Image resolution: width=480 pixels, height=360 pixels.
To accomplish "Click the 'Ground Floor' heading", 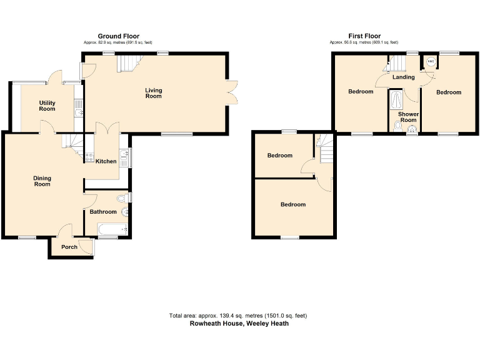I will point(118,36).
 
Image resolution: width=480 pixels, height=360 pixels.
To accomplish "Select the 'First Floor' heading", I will point(364,36).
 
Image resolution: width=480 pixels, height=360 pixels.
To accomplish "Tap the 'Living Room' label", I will point(153,93).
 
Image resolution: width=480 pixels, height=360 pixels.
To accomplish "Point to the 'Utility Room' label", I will point(47,106).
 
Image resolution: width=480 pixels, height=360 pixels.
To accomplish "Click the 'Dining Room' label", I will point(42,181).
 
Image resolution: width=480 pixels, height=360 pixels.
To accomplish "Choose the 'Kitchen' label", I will point(106,161).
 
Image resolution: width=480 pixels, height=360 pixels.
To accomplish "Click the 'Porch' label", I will point(69,247).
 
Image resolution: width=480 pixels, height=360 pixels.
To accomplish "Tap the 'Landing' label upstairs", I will point(404,77).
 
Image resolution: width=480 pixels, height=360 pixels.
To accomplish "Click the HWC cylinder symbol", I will point(431,62).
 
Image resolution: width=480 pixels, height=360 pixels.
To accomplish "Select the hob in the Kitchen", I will point(89,157).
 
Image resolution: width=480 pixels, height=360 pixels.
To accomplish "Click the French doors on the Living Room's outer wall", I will point(232,93).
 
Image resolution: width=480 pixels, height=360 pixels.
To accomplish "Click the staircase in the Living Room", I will point(128,62).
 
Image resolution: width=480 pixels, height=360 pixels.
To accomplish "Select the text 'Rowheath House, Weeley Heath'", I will point(239,324).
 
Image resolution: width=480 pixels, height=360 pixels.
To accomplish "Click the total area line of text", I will point(237,316).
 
